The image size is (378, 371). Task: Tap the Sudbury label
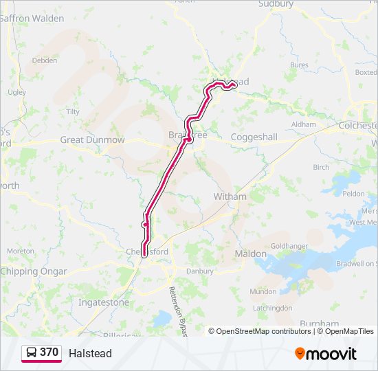click(x=276, y=4)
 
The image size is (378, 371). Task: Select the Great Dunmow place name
click(x=93, y=140)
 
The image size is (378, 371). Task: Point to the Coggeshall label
click(x=254, y=137)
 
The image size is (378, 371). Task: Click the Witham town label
click(x=230, y=196)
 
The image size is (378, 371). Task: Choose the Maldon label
click(x=251, y=254)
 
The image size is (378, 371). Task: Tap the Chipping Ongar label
click(x=34, y=271)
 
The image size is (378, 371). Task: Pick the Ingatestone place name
click(x=103, y=302)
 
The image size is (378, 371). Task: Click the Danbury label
click(x=201, y=271)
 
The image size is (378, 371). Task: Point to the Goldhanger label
click(x=289, y=245)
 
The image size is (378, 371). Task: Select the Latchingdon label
click(x=272, y=308)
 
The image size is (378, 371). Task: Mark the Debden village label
click(x=45, y=60)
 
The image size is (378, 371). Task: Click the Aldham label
click(x=304, y=124)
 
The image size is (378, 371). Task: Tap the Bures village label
click(x=300, y=65)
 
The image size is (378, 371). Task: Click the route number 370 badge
click(x=49, y=352)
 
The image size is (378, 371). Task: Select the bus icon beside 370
click(x=32, y=352)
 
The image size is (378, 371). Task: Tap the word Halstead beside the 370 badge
click(x=90, y=353)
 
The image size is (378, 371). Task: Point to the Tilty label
click(x=73, y=111)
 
